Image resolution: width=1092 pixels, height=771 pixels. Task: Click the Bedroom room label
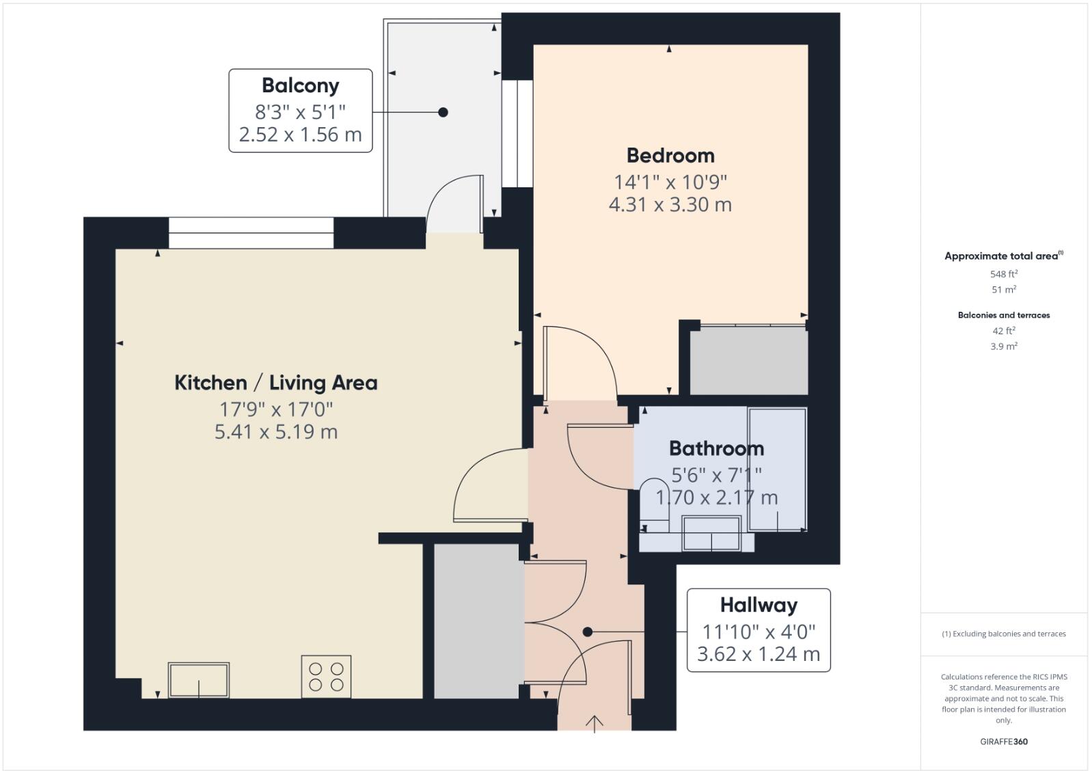tap(670, 156)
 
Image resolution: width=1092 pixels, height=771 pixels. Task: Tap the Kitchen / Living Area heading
tap(275, 383)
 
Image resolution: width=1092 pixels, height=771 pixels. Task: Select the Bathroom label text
tap(716, 449)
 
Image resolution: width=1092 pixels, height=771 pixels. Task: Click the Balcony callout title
tap(300, 86)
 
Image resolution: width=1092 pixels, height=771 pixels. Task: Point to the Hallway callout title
tap(759, 606)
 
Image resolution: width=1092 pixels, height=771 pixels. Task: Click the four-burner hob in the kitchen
tap(326, 677)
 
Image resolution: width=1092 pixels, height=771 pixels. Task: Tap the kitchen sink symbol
tap(199, 679)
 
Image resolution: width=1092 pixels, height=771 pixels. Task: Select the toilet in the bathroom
tap(655, 506)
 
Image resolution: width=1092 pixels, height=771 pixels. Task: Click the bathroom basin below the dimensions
tap(711, 534)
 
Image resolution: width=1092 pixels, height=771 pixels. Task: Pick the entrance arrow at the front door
tap(595, 722)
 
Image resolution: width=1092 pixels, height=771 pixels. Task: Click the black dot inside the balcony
tap(443, 112)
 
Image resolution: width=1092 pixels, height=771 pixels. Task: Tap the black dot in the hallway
tap(588, 632)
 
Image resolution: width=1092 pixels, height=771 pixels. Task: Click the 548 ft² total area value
tap(1003, 274)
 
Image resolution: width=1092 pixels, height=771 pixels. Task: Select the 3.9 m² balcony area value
tap(1003, 347)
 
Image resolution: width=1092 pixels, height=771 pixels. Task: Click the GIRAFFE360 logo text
tap(1003, 742)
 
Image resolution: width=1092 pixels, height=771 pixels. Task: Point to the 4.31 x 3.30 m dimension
tap(670, 204)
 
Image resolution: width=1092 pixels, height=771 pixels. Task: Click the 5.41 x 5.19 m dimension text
tap(275, 432)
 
